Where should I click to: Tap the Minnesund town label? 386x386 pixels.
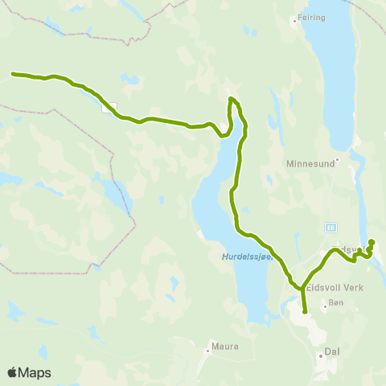pyautogui.click(x=309, y=162)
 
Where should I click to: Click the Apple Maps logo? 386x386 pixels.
pyautogui.click(x=29, y=372)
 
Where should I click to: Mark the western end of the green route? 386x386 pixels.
pyautogui.click(x=13, y=74)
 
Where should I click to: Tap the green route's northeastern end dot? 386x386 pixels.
pyautogui.click(x=372, y=242)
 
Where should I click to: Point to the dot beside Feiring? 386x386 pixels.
pyautogui.click(x=295, y=19)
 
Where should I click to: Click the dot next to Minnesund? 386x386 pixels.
pyautogui.click(x=339, y=159)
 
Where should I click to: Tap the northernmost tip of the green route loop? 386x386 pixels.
pyautogui.click(x=232, y=98)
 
